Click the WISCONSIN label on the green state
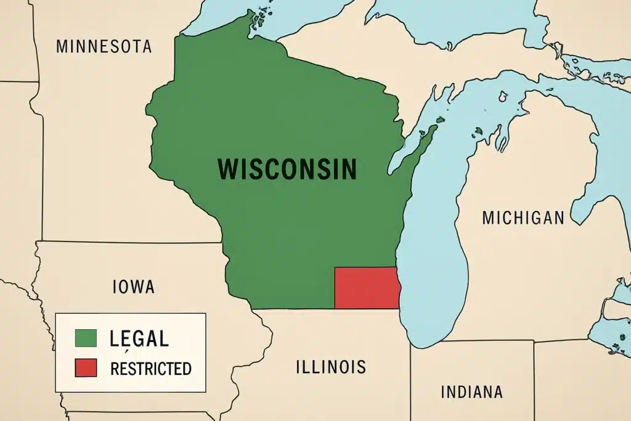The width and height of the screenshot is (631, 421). coord(287,169)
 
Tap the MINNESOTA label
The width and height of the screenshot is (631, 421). coord(104,46)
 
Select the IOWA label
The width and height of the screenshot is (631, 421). coord(134,287)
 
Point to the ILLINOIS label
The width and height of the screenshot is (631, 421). coord(331,367)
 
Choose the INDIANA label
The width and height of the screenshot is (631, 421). coord(472,392)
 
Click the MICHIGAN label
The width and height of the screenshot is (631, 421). coord(523,218)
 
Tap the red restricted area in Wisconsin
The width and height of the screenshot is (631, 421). coord(366,288)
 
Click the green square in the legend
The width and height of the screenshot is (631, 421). coord(86,338)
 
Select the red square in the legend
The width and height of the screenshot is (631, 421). coord(86,369)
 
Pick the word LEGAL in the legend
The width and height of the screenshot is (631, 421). coord(139,338)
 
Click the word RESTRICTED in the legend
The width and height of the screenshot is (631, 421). coord(150,369)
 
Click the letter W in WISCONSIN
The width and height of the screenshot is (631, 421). coord(229,169)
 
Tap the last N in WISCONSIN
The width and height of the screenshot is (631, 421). coord(349,169)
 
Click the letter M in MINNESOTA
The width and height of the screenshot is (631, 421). coord(62,46)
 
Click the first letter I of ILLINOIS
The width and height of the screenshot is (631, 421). coord(299,367)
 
